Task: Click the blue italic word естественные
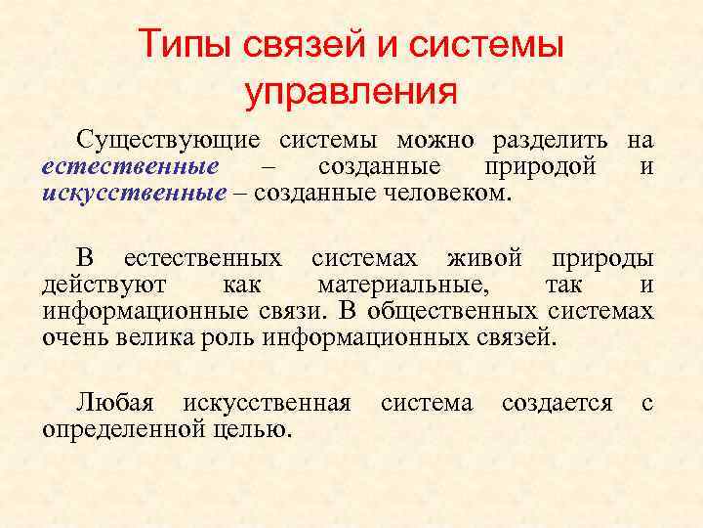coord(130,166)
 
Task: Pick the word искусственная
coord(267,403)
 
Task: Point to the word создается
coord(557,403)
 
